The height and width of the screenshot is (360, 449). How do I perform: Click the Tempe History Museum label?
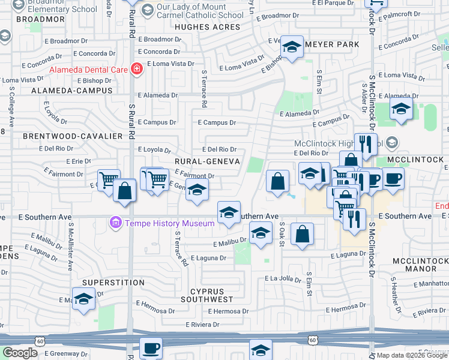pos(169,224)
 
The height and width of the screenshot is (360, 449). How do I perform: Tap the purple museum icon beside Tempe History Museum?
pos(116,223)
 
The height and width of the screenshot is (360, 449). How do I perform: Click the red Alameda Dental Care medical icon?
pos(137,69)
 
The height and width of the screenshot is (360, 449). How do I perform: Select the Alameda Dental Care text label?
pos(88,70)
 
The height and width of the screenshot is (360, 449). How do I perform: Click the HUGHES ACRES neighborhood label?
pos(208,27)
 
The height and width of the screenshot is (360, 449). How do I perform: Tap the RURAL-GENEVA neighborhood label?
pos(207,161)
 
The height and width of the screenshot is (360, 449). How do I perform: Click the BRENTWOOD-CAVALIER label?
pos(73,136)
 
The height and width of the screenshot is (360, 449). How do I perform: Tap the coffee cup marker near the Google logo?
pos(151,348)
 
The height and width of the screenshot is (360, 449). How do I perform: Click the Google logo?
pos(20,353)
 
